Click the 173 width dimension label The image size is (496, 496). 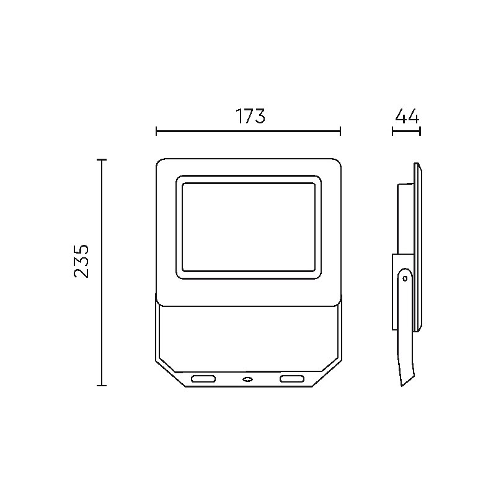coord(250,116)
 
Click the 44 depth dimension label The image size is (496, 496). coord(407,116)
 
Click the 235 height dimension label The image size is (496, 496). coord(81,261)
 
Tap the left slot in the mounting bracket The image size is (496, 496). coord(203,379)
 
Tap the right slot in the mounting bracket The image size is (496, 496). coord(291,379)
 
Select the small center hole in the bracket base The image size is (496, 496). coord(247,379)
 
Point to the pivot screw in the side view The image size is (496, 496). coord(405,278)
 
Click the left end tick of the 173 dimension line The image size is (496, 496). coord(156,131)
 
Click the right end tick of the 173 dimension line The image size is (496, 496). coord(340,131)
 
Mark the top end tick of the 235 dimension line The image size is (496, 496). coord(102,160)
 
